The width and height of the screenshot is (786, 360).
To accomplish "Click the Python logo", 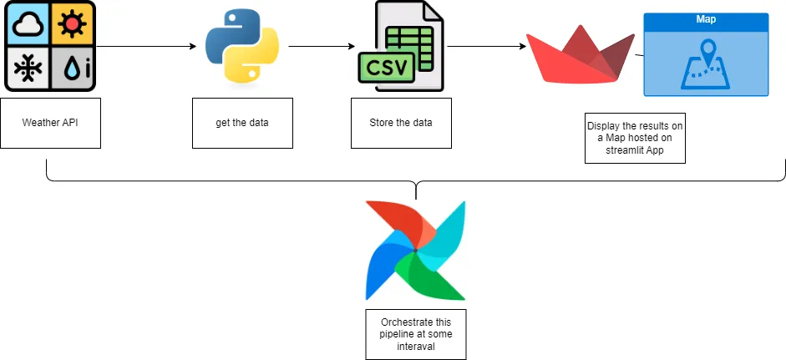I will [241, 48].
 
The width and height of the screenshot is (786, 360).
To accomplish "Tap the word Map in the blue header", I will [706, 18].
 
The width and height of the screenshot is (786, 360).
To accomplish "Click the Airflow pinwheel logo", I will [415, 251].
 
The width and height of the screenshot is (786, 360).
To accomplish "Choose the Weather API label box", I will [50, 123].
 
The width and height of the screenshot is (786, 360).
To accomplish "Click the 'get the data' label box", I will [242, 123].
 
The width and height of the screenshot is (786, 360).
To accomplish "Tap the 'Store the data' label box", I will [401, 123].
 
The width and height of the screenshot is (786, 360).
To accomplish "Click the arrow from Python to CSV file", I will [317, 47].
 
